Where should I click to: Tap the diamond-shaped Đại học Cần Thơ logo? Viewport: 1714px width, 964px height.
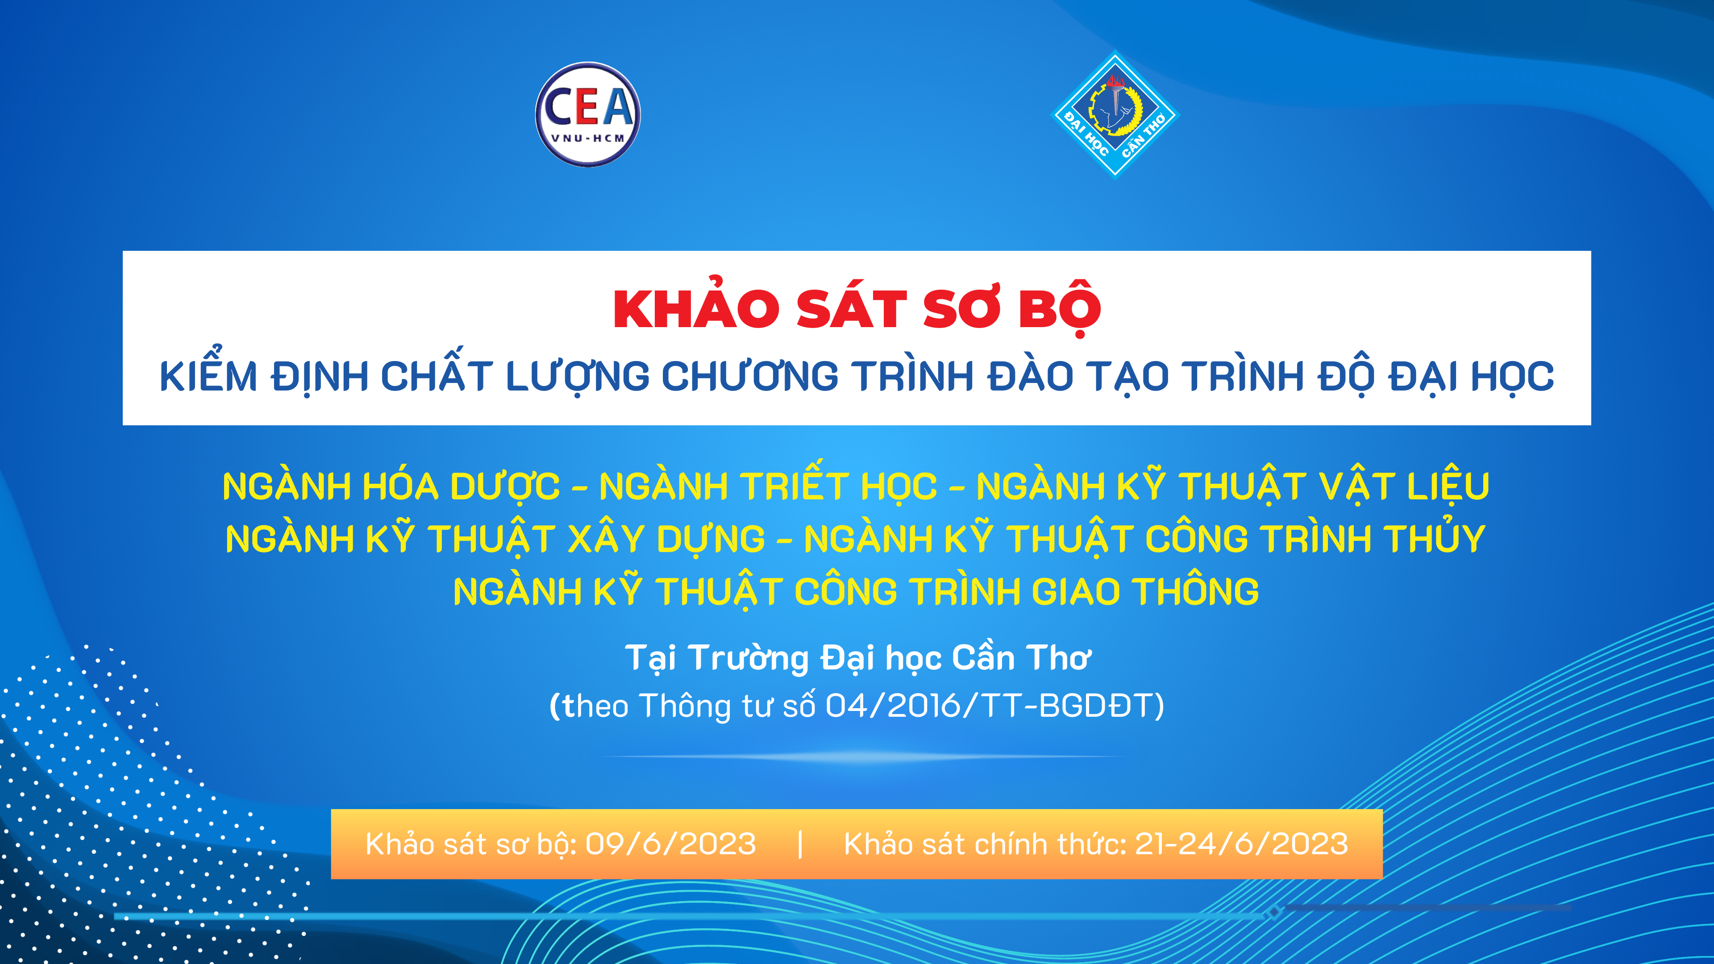pyautogui.click(x=1115, y=114)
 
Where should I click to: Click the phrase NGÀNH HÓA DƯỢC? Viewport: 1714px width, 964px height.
pyautogui.click(x=391, y=486)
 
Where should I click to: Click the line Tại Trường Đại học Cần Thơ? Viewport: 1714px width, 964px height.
pyautogui.click(x=857, y=658)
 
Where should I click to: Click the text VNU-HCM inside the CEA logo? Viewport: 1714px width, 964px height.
pyautogui.click(x=588, y=138)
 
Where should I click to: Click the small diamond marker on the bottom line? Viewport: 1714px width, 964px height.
pyautogui.click(x=1273, y=911)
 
